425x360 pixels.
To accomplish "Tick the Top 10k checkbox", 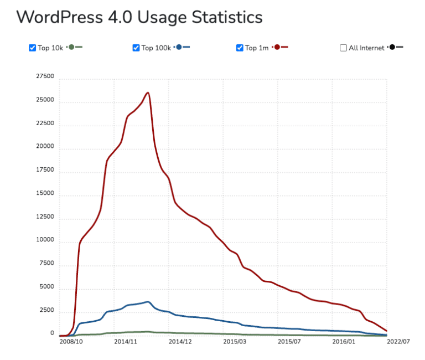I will [x=32, y=48].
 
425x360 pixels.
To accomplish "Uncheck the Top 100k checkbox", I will [x=136, y=48].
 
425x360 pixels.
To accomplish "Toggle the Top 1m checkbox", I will [x=240, y=48].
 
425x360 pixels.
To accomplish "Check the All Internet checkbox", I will [x=343, y=48].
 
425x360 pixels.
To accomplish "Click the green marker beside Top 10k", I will [x=71, y=47].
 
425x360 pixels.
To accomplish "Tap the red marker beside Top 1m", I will [x=276, y=47].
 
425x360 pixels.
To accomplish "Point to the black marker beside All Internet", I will [x=392, y=47].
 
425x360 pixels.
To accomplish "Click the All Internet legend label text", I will [x=366, y=48].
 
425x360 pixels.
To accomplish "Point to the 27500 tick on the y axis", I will [x=45, y=76].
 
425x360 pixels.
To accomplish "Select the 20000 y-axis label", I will [x=45, y=147].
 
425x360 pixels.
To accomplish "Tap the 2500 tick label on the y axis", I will [x=46, y=311].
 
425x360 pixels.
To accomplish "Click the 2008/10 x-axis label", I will [x=71, y=342].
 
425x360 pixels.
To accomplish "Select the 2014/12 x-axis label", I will [x=180, y=342].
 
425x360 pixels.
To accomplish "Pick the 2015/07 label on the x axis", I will [x=289, y=342].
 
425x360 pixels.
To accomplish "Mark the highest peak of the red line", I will [x=148, y=92].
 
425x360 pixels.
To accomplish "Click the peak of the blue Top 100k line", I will [x=148, y=302].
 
